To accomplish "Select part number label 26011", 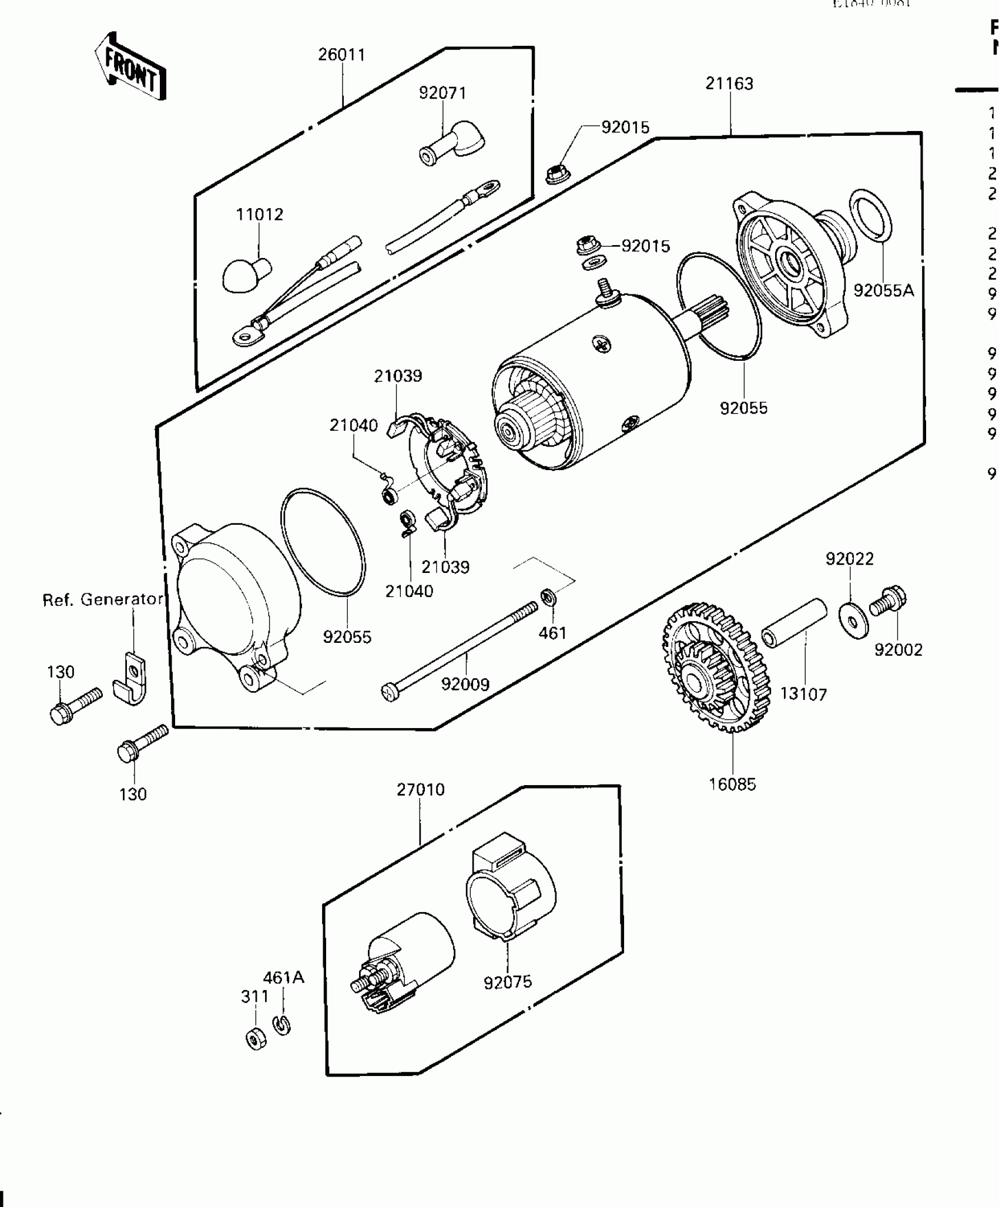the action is pos(341,55).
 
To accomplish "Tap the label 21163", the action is pos(729,84).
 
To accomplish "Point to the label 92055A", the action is pos(883,290).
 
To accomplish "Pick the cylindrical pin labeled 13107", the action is pos(794,624).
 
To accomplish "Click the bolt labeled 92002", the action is pos(888,600).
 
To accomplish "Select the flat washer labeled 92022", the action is pos(853,619).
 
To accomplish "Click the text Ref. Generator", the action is pos(102,599).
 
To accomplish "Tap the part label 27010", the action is pos(420,789).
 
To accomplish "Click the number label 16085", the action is pos(732,784).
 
